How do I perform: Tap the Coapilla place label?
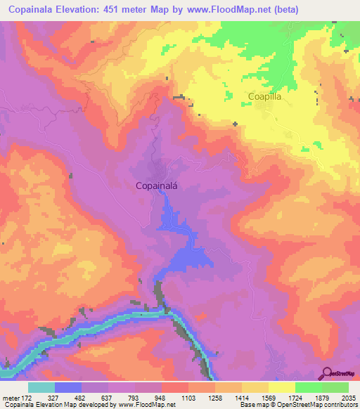coord(264,98)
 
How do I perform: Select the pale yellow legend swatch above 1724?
coord(281,387)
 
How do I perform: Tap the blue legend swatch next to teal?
coord(67,387)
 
